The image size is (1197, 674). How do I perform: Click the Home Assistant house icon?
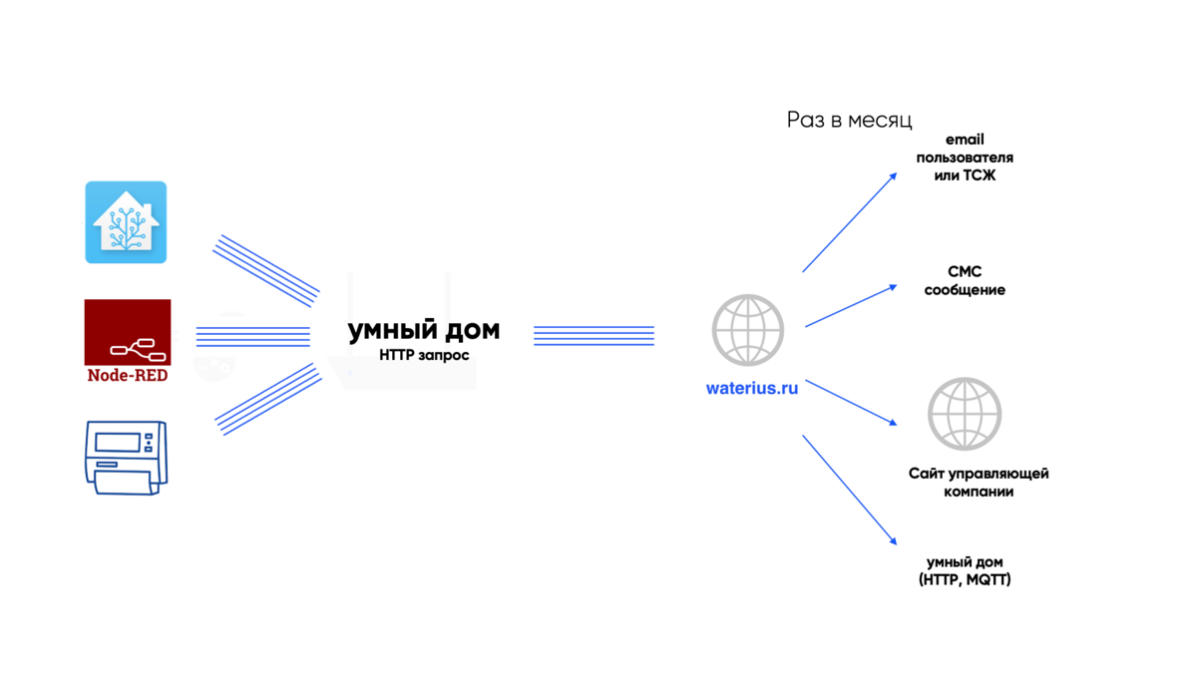126,222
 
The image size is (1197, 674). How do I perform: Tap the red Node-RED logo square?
128,332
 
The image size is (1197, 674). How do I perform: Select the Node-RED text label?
128,376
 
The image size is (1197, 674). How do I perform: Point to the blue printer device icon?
126,458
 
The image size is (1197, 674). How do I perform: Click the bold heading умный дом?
424,330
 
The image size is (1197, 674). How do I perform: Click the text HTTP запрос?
424,355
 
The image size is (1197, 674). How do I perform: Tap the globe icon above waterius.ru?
748,331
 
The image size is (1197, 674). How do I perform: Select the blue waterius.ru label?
752,389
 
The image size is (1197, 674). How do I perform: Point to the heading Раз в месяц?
849,121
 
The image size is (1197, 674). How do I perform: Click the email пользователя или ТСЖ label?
965,158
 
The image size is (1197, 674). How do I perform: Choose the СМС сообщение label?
965,280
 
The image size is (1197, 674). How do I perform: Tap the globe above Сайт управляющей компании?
965,413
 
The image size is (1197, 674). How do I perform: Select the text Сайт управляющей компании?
979,483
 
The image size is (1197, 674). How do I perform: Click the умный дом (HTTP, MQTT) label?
965,570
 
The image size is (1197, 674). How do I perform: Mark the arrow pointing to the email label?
850,221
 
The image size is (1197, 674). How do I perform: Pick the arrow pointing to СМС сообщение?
851,306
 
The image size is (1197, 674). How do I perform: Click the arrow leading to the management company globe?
851,402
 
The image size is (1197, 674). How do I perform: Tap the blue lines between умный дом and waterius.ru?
594,336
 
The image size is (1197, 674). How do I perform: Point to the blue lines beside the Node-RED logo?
252,336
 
